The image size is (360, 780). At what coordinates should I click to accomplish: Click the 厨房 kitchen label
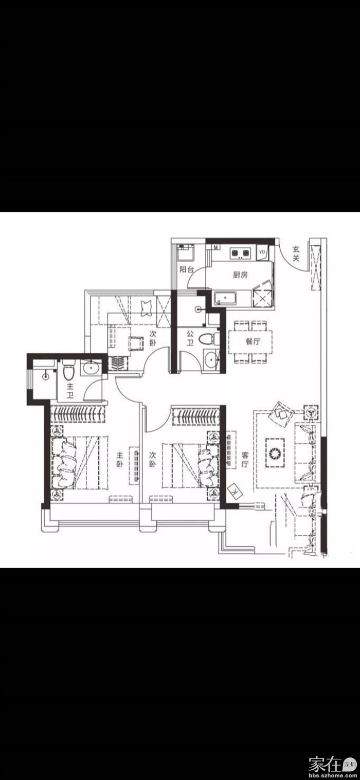pyautogui.click(x=240, y=275)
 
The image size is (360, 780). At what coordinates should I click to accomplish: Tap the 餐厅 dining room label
pyautogui.click(x=253, y=341)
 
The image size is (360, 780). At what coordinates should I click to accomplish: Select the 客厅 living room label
pyautogui.click(x=245, y=459)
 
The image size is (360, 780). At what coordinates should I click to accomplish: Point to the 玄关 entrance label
pyautogui.click(x=296, y=253)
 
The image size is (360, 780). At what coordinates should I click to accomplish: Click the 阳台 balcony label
pyautogui.click(x=187, y=269)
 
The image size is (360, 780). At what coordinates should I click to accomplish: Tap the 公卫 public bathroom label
pyautogui.click(x=190, y=338)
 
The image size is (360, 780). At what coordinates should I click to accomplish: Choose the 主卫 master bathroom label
pyautogui.click(x=70, y=391)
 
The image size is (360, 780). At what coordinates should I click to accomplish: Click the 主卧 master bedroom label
pyautogui.click(x=120, y=460)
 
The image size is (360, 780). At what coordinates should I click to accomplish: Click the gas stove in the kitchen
pyautogui.click(x=240, y=253)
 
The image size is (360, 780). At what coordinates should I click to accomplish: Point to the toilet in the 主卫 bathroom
pyautogui.click(x=68, y=370)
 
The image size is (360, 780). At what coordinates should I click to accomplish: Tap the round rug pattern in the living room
pyautogui.click(x=275, y=453)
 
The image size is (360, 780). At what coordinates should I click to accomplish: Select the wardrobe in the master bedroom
pyautogui.click(x=77, y=414)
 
